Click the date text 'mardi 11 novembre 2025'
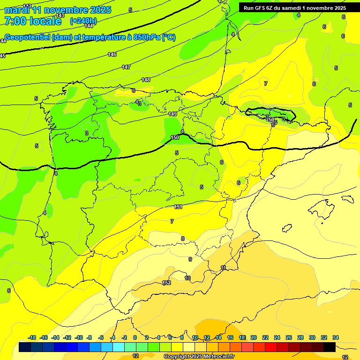click(x=58, y=10)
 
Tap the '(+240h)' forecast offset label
click(x=83, y=21)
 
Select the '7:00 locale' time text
click(x=33, y=21)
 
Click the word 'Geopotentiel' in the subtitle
click(x=28, y=37)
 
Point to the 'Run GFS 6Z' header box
click(x=295, y=8)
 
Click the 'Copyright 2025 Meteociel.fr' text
click(x=199, y=356)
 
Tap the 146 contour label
click(x=112, y=55)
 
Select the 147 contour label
click(x=126, y=67)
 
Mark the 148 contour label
click(x=146, y=80)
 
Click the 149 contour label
click(x=172, y=114)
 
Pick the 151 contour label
click(x=178, y=207)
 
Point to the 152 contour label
click(x=166, y=283)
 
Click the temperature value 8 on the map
click(x=183, y=239)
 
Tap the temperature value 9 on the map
click(x=190, y=259)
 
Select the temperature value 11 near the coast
click(x=224, y=268)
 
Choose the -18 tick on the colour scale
click(x=32, y=338)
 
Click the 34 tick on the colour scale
click(x=336, y=338)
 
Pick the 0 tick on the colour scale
click(x=135, y=338)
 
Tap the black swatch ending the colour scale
click(x=330, y=347)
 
